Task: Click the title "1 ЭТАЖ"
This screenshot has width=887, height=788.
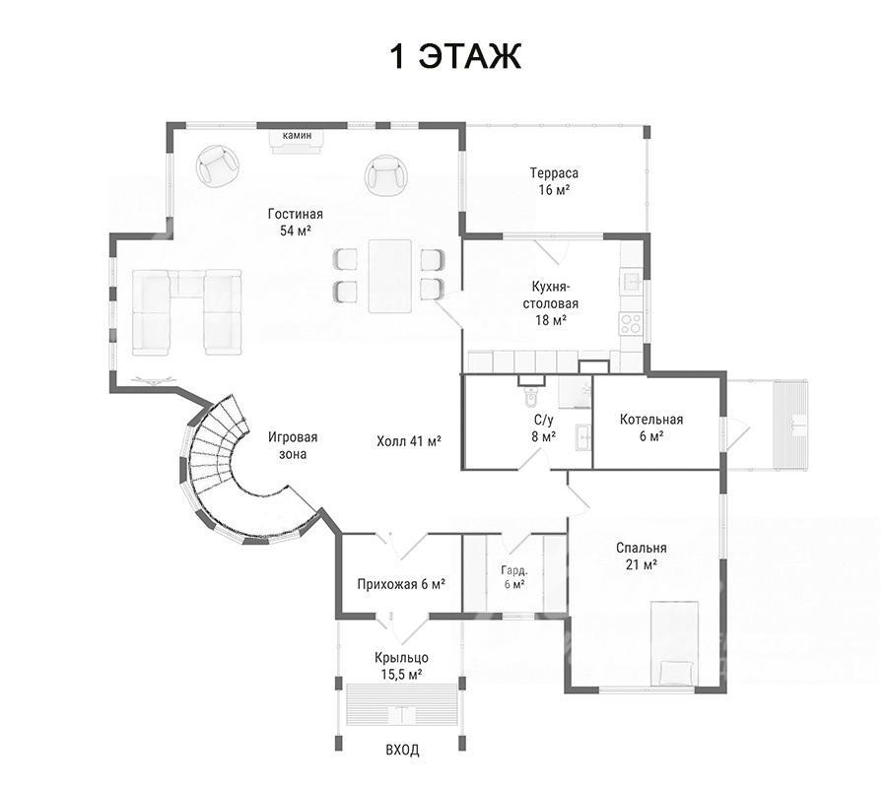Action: click(x=455, y=56)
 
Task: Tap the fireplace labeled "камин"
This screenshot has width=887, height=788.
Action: click(x=298, y=141)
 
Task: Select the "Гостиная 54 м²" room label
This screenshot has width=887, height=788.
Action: click(x=296, y=223)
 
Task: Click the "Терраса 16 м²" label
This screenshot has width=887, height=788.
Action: click(x=554, y=181)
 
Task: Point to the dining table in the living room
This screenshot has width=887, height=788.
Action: click(x=389, y=276)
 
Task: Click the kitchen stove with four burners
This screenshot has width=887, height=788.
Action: click(x=631, y=323)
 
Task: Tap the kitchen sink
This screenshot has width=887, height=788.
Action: click(x=632, y=280)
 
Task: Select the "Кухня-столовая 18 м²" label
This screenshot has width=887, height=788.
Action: click(x=550, y=303)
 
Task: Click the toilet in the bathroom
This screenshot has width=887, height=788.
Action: click(x=530, y=392)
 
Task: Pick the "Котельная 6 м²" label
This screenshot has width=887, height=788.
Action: click(x=651, y=427)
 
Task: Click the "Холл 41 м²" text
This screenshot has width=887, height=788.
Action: click(x=409, y=441)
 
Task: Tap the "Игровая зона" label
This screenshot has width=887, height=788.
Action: click(x=293, y=445)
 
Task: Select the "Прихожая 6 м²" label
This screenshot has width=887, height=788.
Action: click(x=401, y=584)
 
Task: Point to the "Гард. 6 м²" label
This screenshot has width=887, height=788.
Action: click(x=514, y=576)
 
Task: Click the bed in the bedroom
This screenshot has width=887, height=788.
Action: click(x=674, y=644)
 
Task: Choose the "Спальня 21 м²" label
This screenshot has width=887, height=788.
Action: click(x=641, y=556)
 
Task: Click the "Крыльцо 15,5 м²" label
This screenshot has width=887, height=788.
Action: click(x=401, y=666)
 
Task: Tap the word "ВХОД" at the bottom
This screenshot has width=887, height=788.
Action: click(x=402, y=751)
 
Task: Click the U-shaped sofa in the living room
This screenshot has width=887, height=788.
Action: click(x=186, y=312)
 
